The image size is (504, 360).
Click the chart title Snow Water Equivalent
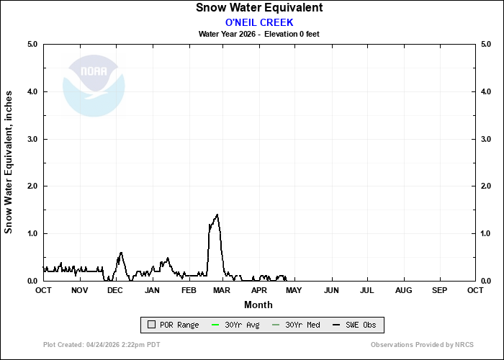click(259, 8)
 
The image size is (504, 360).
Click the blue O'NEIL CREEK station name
click(259, 22)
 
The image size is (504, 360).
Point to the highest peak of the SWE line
click(217, 215)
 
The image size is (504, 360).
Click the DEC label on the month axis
click(114, 290)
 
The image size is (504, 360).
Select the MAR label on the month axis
click(222, 290)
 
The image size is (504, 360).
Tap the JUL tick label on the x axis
click(366, 290)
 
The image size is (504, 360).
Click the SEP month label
click(439, 290)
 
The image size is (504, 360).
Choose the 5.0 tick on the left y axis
click(32, 45)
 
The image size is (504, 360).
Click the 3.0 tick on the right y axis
click(486, 139)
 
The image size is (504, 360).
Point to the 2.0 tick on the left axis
click(32, 186)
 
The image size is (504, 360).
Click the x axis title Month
click(258, 305)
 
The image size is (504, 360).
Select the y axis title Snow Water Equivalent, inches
click(9, 162)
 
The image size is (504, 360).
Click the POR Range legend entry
click(173, 325)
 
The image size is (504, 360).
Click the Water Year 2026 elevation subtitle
click(259, 34)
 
